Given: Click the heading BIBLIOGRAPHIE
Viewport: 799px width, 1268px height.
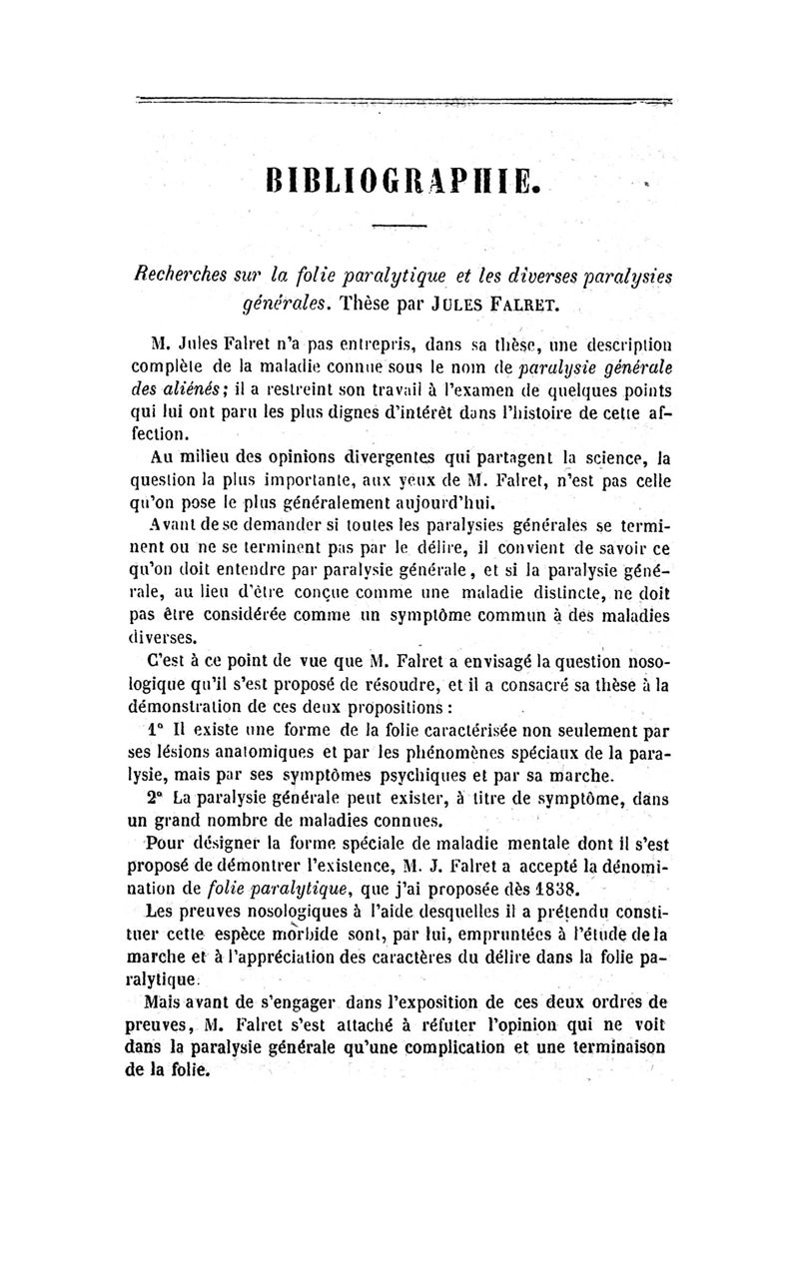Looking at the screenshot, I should tap(399, 183).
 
